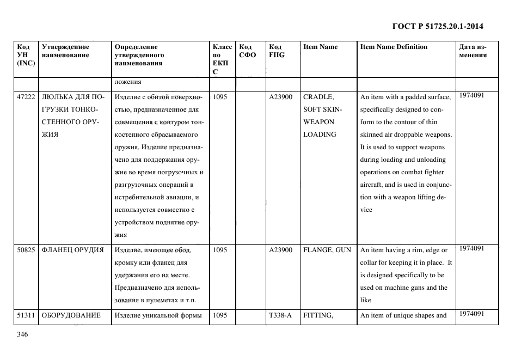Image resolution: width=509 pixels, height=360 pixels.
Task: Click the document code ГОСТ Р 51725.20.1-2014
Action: click(438, 26)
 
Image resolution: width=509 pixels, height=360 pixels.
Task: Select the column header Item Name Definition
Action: click(394, 47)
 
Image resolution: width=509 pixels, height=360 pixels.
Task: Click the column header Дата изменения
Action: click(473, 51)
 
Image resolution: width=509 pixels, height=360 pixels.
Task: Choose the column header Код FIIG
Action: click(277, 51)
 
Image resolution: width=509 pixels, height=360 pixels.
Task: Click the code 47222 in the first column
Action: click(26, 97)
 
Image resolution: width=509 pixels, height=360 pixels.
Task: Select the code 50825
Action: click(26, 250)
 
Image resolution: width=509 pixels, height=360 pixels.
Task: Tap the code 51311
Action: click(26, 315)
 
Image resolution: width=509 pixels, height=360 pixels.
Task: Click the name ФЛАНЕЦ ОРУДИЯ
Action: click(72, 250)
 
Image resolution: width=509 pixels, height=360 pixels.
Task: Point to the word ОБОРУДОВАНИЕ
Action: click(71, 315)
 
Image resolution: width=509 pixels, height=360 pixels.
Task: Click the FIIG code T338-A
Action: click(280, 315)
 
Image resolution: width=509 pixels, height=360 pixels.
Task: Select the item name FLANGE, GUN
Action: click(327, 250)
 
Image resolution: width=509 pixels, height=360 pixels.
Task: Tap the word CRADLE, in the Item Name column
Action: click(318, 97)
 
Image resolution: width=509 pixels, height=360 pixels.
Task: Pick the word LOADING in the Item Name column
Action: click(320, 135)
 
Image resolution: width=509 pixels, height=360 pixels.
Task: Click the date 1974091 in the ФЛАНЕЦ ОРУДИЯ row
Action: click(471, 248)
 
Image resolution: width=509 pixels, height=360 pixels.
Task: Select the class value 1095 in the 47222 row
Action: click(220, 97)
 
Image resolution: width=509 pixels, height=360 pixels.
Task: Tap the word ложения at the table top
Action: click(128, 82)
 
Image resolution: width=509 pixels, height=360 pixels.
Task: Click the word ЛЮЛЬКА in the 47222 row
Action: click(60, 97)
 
